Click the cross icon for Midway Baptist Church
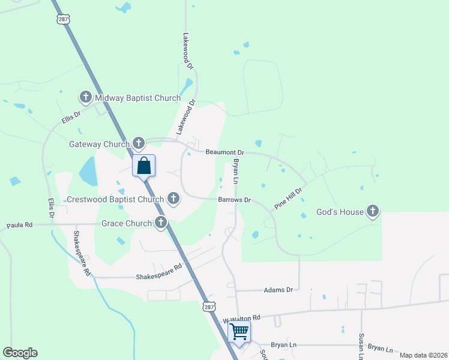(85, 97)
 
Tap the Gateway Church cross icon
(139, 143)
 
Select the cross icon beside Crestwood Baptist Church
(173, 199)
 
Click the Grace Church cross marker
(160, 223)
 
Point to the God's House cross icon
(373, 211)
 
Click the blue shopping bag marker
(144, 165)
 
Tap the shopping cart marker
(239, 331)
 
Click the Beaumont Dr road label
(225, 153)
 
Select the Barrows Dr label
(234, 199)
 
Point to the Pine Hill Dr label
(288, 197)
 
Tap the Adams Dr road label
(278, 290)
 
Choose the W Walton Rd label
(241, 318)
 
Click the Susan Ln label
(361, 347)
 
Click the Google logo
(20, 353)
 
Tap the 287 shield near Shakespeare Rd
(208, 307)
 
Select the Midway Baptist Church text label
(137, 98)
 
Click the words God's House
(340, 212)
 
